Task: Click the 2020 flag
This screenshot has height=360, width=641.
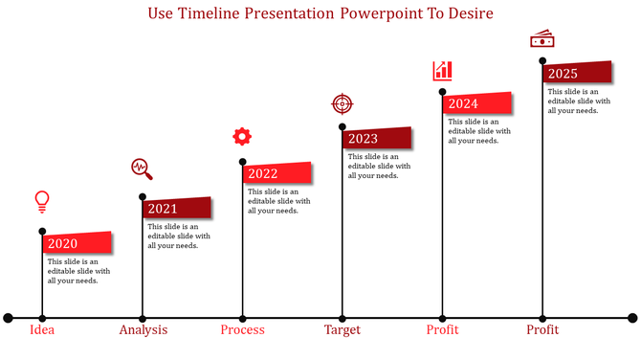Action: tap(77, 243)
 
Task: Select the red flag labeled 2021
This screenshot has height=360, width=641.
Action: tap(177, 209)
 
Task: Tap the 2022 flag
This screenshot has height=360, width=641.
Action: tap(277, 173)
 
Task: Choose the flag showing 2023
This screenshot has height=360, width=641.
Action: tap(377, 138)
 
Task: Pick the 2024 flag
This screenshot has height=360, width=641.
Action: tap(476, 103)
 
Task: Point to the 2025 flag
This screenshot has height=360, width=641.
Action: tap(577, 74)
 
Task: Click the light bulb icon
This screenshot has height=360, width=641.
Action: tap(42, 200)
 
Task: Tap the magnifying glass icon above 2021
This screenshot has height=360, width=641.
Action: tap(143, 169)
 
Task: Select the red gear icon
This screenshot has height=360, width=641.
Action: tap(242, 136)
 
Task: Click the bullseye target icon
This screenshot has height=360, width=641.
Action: tap(342, 103)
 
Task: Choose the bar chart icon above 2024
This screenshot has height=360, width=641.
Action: tap(442, 70)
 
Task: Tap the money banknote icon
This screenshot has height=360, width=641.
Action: tap(542, 39)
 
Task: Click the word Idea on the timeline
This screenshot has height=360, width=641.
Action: tap(42, 330)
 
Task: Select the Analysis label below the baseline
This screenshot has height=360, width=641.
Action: tap(143, 330)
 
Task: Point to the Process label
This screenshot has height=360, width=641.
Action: tap(242, 330)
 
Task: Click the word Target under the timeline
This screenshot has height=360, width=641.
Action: tap(342, 330)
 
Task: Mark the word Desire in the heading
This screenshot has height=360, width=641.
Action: tap(467, 14)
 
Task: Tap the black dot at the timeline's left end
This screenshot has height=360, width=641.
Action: tap(8, 317)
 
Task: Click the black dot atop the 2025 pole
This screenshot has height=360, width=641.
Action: tap(542, 59)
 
